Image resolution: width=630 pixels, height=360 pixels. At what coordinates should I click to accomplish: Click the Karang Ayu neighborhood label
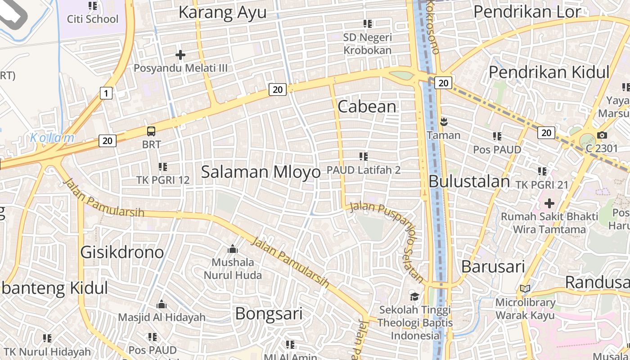[222, 13]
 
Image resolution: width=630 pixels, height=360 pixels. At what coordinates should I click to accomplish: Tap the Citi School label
[93, 19]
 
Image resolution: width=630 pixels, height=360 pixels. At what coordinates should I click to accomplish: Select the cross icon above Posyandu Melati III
[180, 55]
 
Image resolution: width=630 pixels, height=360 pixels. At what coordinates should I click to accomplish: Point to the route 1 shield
[106, 93]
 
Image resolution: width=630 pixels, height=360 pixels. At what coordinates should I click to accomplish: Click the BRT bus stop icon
[151, 131]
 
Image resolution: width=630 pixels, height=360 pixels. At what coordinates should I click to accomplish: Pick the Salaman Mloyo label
[261, 171]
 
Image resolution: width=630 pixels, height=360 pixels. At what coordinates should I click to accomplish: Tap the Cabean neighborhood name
[367, 107]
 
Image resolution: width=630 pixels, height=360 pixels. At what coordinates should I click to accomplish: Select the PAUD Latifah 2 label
[364, 170]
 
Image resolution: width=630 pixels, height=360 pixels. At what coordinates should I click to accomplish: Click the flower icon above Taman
[444, 121]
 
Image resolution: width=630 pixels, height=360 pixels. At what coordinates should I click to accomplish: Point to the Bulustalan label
[469, 181]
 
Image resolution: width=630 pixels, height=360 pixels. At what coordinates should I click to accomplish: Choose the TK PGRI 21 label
[542, 185]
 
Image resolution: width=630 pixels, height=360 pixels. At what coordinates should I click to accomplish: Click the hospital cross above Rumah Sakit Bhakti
[549, 203]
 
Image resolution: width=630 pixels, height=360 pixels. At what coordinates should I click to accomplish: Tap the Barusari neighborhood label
[493, 266]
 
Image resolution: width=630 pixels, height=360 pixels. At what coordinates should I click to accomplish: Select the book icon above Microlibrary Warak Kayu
[525, 288]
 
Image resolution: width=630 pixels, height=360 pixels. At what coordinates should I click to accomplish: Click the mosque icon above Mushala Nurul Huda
[233, 249]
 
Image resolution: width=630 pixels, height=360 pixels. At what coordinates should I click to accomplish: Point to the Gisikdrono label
[122, 252]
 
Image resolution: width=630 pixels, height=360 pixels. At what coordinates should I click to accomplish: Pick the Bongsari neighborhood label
[269, 314]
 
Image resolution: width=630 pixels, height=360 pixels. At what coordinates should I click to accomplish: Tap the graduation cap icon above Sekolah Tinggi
[414, 297]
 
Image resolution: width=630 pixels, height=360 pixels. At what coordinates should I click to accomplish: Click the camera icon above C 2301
[602, 135]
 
